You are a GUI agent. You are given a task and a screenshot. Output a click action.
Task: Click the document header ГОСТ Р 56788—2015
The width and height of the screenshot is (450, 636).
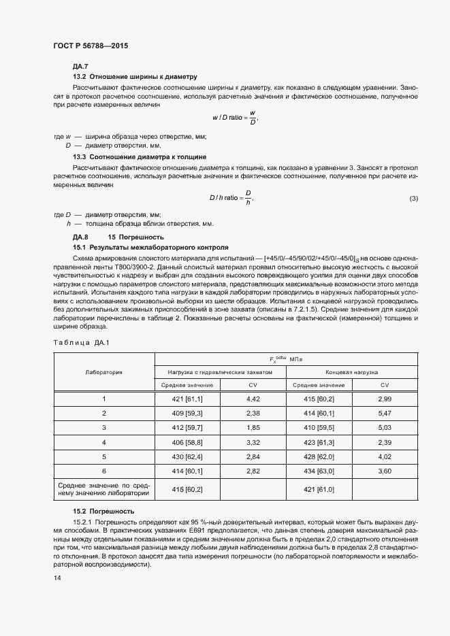tap(90, 46)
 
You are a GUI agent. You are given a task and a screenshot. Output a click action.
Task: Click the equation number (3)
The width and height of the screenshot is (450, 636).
tap(413, 198)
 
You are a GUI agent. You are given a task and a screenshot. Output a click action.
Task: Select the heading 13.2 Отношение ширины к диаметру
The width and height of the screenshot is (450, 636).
tap(135, 77)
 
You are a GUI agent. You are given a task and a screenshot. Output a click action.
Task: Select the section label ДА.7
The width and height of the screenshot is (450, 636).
tap(80, 67)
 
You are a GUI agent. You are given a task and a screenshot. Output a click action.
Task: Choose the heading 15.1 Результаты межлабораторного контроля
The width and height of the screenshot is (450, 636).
tap(150, 247)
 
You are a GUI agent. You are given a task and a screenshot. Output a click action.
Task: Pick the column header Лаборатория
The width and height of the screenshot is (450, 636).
tap(103, 373)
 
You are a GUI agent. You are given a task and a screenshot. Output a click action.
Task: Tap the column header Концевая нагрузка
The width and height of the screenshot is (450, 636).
tap(352, 373)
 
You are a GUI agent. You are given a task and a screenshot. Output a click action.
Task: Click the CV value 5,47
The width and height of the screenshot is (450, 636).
tap(385, 413)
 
